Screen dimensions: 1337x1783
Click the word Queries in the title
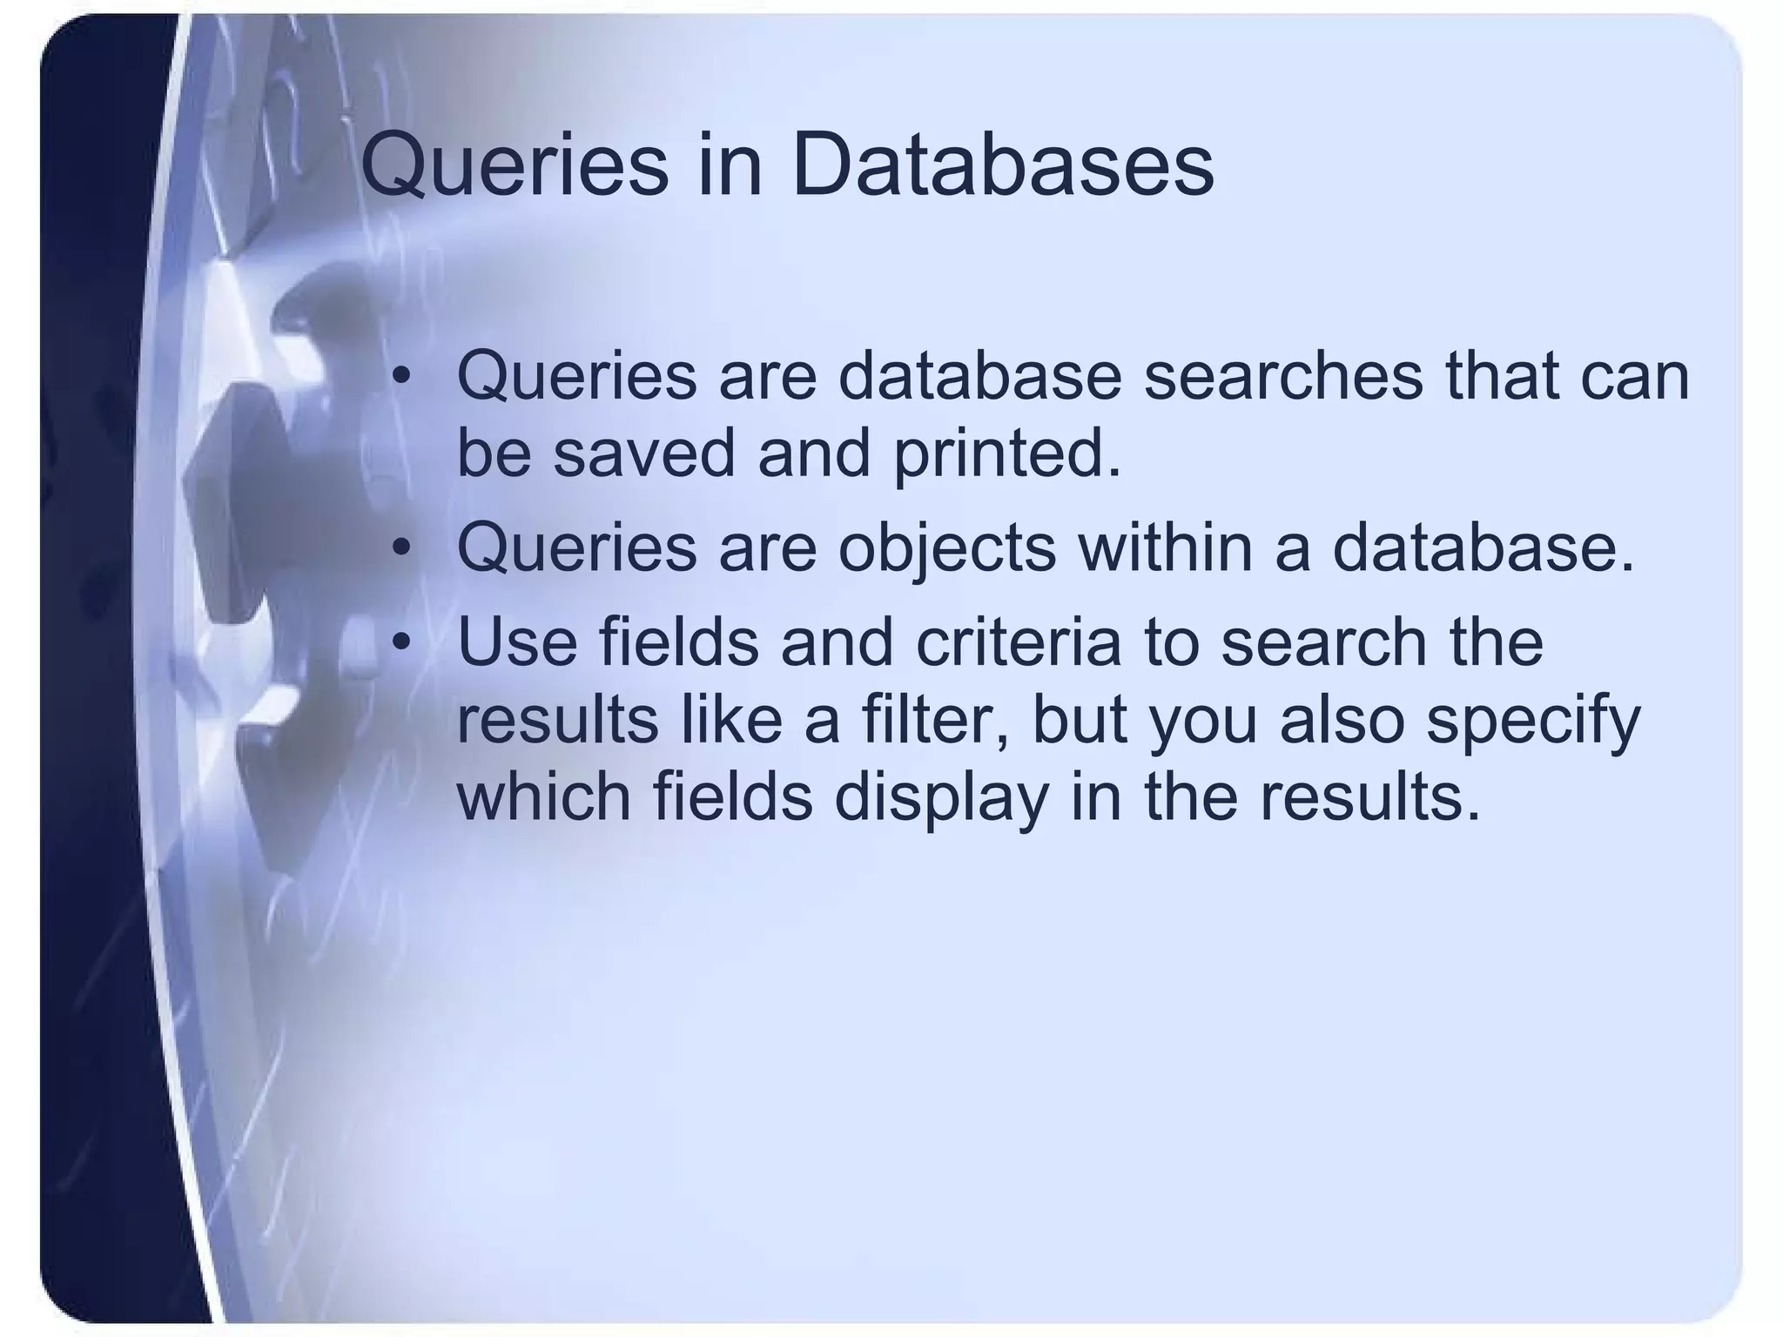(515, 169)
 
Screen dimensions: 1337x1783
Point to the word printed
(1007, 455)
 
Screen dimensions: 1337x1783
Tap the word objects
(946, 550)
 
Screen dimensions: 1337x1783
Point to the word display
(941, 799)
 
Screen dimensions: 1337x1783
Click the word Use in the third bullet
(517, 642)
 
